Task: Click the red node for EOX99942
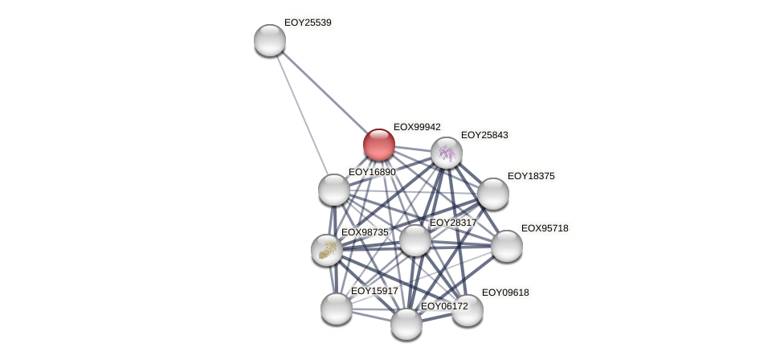[x=378, y=145]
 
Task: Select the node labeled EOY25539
[x=270, y=40]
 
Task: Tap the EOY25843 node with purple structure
[x=447, y=153]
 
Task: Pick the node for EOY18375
[x=492, y=194]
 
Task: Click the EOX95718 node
[x=507, y=246]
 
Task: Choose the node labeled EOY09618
[x=468, y=310]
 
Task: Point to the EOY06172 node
[x=406, y=324]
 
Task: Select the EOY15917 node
[x=337, y=309]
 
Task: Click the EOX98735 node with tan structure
[x=327, y=250]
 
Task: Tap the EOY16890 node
[x=334, y=190]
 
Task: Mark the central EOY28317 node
[x=415, y=240]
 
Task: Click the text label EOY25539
[x=308, y=22]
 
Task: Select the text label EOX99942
[x=417, y=127]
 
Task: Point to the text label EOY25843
[x=484, y=135]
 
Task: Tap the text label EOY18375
[x=531, y=176]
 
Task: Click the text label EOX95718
[x=545, y=228]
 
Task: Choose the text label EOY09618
[x=505, y=292]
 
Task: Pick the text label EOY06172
[x=444, y=306]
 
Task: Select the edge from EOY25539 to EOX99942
[x=324, y=92]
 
